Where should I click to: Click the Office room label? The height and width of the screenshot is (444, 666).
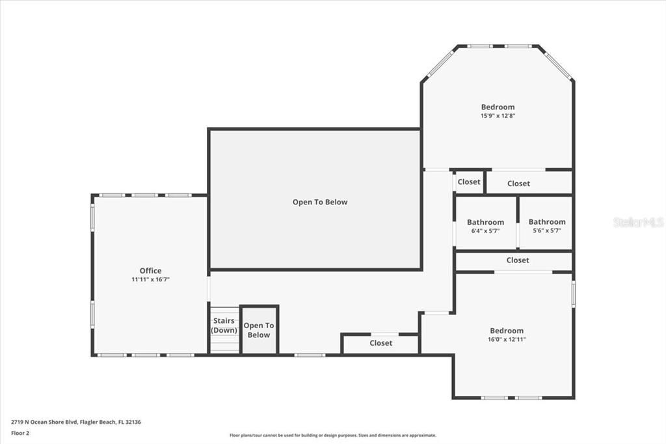coord(150,271)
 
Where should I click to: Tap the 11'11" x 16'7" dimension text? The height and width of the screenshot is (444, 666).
coord(150,279)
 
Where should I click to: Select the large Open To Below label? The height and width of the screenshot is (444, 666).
coord(319,202)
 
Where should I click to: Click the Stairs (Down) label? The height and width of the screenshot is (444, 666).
coord(224,325)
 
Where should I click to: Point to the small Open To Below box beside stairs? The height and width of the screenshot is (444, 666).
coord(259,330)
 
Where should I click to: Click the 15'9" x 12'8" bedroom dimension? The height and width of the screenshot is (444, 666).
coord(498,116)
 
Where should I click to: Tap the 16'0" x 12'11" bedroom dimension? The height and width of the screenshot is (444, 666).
coord(505,339)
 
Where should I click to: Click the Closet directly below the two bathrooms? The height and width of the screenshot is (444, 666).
coord(518,260)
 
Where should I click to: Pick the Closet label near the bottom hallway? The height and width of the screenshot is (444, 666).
coord(380,343)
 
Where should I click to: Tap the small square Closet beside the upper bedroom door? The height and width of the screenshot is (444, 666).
coord(468,182)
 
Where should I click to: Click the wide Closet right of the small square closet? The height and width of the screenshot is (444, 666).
coord(518,184)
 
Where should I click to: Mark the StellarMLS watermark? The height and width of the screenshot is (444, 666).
coord(638,223)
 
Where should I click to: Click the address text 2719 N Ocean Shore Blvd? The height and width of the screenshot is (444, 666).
coord(76,422)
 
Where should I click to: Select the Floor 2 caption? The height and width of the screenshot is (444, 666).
coord(20,432)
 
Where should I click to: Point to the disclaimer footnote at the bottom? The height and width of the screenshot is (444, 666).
coord(332,436)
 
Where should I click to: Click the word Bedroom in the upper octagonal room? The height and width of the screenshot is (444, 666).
coord(498,107)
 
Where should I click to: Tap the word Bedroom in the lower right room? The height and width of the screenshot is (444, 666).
coord(505,331)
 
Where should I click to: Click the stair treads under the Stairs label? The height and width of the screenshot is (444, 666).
coord(224,344)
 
